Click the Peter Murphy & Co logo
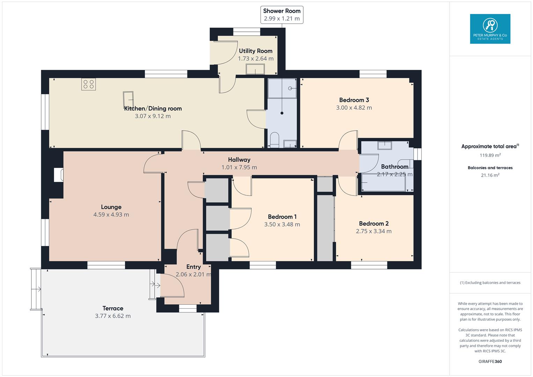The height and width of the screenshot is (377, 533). coord(490,29)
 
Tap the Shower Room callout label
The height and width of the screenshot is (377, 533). coord(282,15)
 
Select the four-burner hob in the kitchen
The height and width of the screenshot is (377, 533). coord(89,84)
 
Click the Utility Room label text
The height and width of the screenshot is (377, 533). coord(256,51)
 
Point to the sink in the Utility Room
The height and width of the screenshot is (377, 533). coord(255,69)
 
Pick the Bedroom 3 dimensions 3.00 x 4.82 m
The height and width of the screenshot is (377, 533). coord(354,108)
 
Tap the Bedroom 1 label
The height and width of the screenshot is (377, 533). coord(282,217)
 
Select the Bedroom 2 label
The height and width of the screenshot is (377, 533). coord(373,224)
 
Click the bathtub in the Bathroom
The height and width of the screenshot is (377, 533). coord(384,183)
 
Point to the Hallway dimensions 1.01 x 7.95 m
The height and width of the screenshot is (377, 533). coord(239,168)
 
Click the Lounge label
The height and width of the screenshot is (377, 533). coord(111,207)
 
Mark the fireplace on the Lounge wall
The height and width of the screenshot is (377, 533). coord(59,175)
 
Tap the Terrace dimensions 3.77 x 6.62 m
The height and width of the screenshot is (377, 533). coord(113,316)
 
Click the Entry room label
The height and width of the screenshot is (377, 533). coord(193,267)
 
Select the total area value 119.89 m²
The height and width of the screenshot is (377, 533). coord(490,156)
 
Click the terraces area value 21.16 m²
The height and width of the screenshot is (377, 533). coord(490,175)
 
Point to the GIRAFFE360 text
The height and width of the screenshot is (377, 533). coord(490,362)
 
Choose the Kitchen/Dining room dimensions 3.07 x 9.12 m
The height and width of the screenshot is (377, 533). coord(153,116)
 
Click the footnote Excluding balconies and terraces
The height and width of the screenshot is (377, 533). coord(490,283)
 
